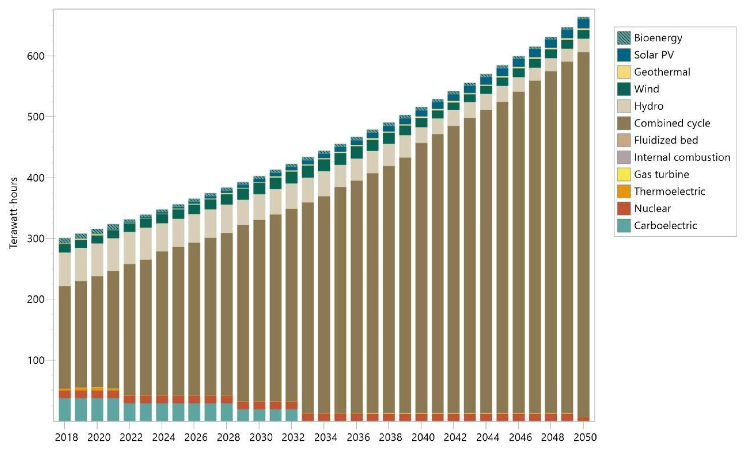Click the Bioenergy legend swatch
point(623,38)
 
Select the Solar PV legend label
point(654,55)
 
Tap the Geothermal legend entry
point(662,72)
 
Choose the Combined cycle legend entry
point(672,123)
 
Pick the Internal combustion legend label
point(682,157)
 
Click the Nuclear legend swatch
point(623,208)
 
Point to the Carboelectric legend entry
point(665,225)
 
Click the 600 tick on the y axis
point(36,56)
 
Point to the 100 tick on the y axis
point(36,360)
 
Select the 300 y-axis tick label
point(36,239)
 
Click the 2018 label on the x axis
point(66,437)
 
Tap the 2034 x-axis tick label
point(325,437)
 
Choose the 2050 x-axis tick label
point(585,437)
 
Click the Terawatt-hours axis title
point(13,213)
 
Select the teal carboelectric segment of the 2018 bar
point(65,409)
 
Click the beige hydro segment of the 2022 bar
point(129,248)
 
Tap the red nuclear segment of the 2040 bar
point(421,417)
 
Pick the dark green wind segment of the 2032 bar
point(291,177)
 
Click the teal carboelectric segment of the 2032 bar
point(291,415)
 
